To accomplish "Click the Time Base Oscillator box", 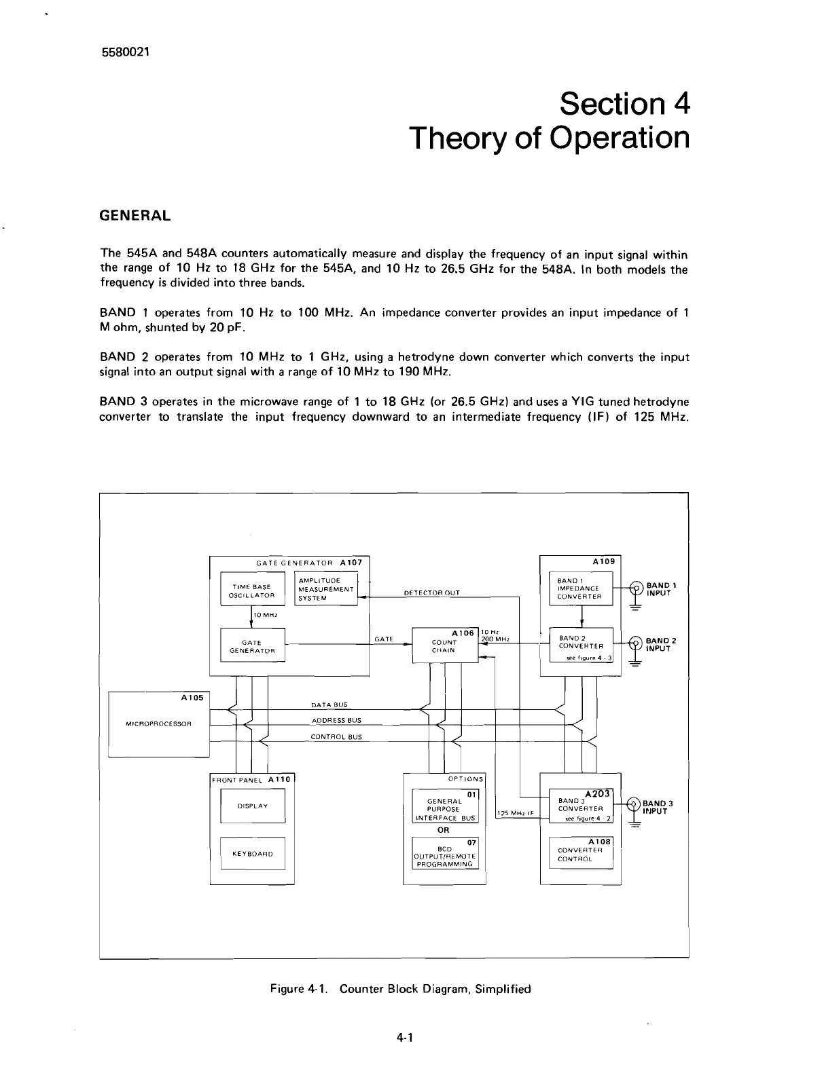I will point(251,590).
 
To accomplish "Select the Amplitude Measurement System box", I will point(326,589).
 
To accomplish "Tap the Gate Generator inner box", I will point(252,645).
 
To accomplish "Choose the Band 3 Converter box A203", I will point(581,807).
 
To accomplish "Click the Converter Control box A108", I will point(581,853).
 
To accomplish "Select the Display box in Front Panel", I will point(252,806).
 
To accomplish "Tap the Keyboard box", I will point(252,853).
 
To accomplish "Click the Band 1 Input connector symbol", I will point(636,588).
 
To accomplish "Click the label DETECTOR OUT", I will point(431,593).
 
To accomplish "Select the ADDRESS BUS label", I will point(336,720).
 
